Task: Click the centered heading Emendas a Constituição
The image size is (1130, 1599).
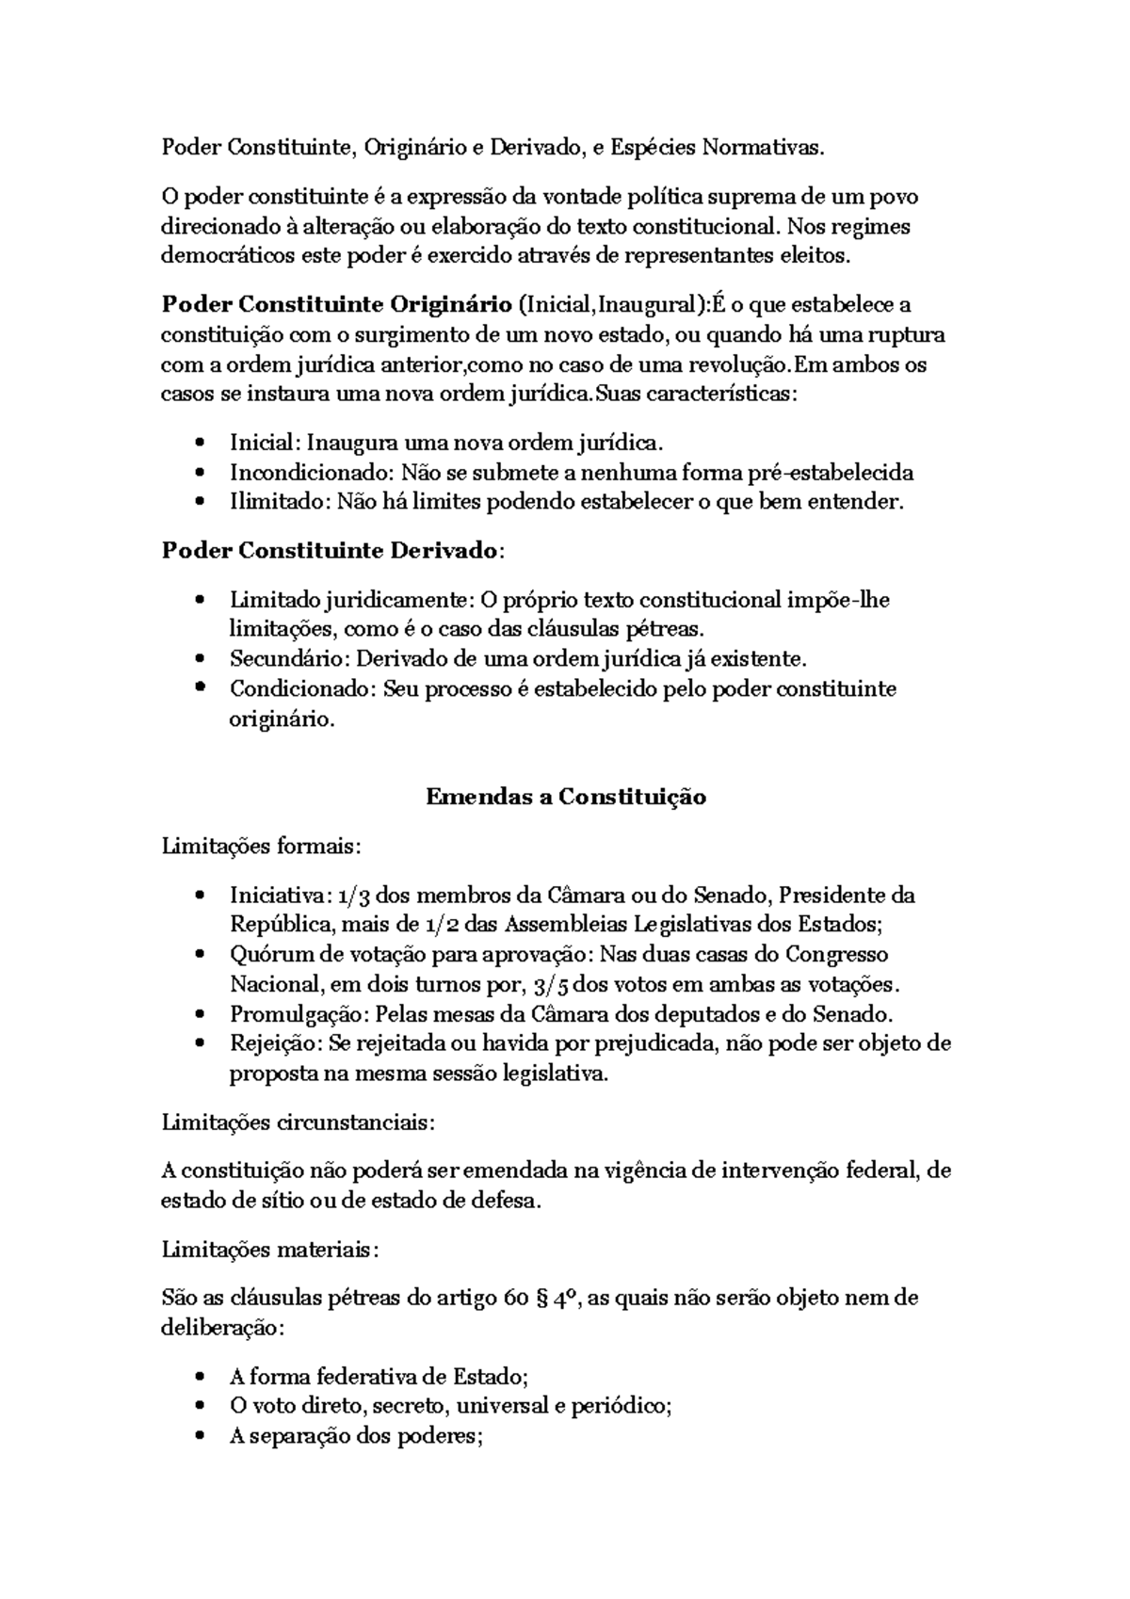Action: point(565,797)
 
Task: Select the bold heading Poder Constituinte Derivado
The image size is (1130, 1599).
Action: point(330,550)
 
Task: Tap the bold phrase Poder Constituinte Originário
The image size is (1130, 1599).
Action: point(336,305)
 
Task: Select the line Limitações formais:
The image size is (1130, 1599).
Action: point(261,846)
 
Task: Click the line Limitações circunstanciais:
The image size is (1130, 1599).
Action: point(299,1123)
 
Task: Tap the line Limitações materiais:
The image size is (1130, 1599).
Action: point(270,1250)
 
